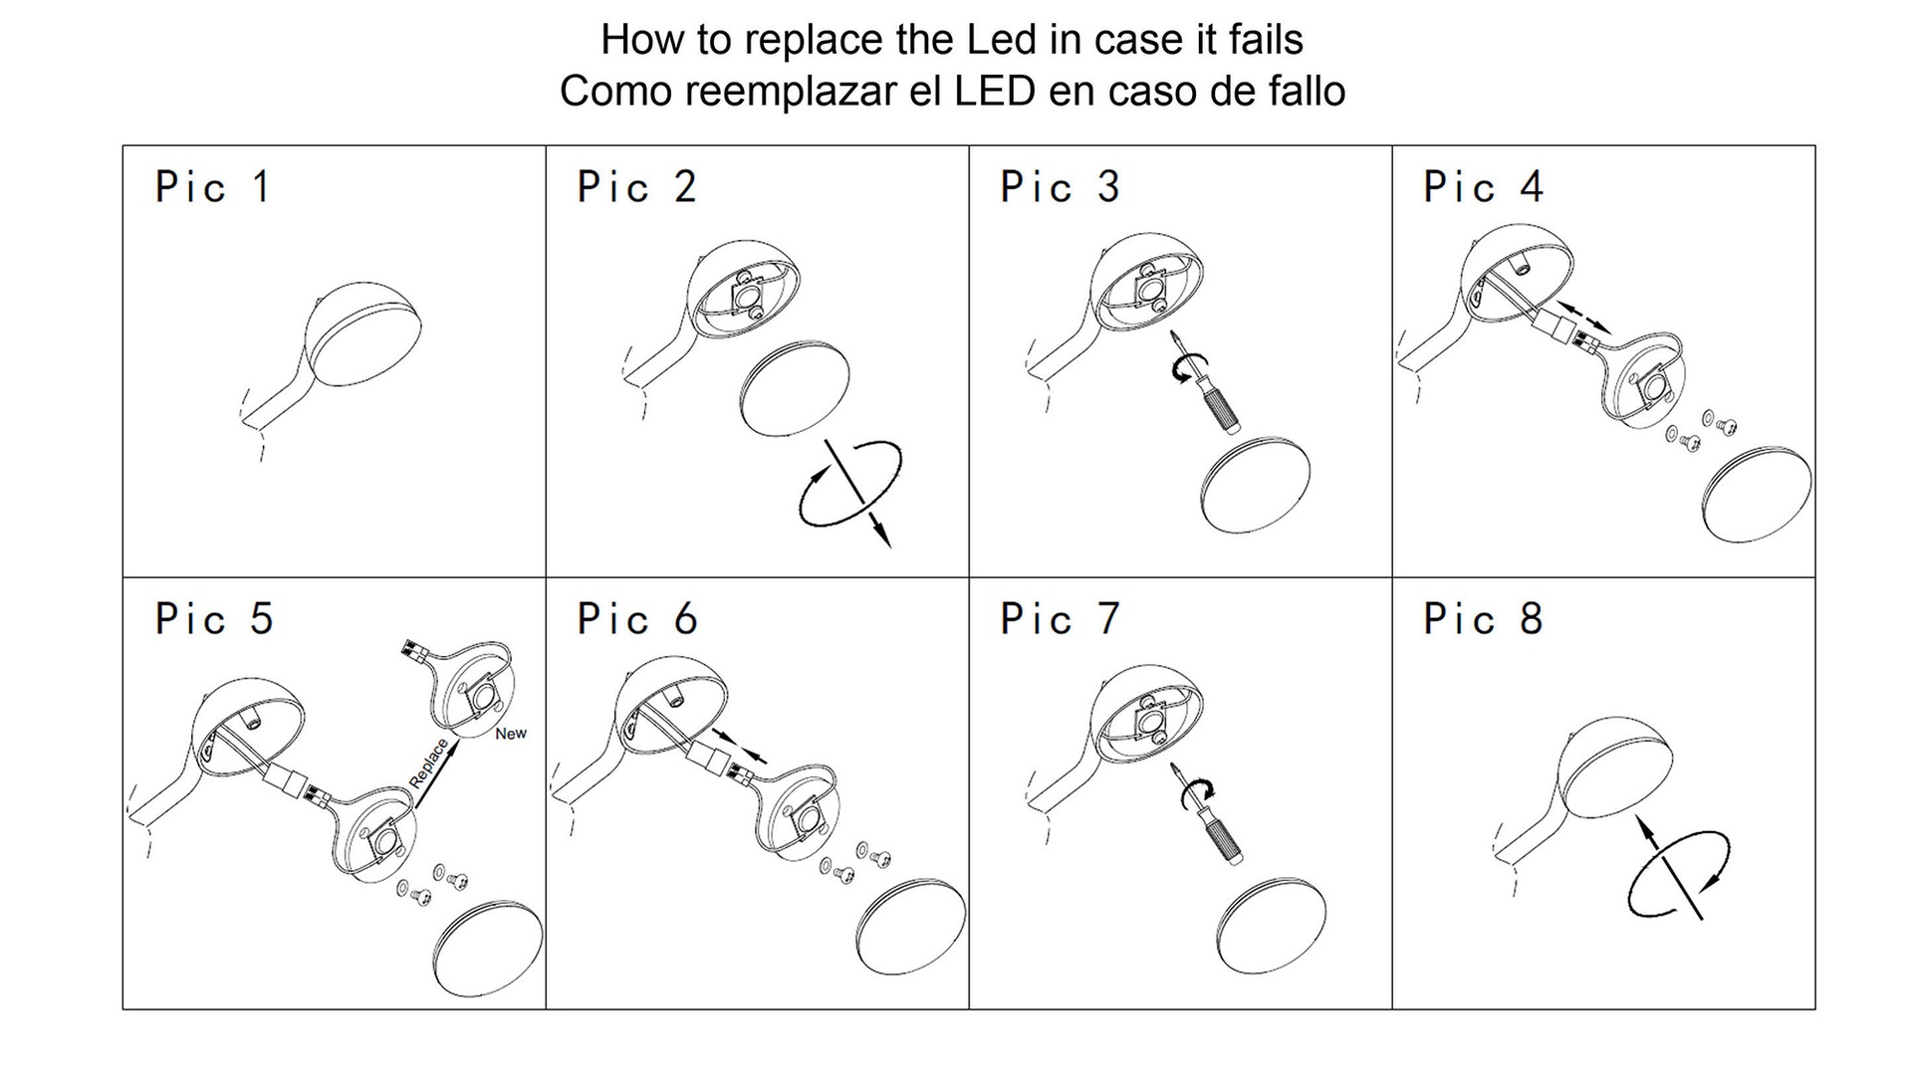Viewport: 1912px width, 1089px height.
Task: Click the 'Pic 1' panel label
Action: (213, 187)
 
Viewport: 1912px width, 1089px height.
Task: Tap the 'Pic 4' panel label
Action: (1483, 187)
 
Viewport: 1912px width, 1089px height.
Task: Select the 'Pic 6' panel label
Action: (637, 619)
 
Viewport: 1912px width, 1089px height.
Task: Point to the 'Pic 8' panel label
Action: (1483, 619)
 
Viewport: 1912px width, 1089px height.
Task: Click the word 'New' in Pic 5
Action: (511, 734)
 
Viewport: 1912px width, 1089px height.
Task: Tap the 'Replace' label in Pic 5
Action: (429, 763)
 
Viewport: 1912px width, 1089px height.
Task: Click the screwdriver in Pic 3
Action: (1206, 382)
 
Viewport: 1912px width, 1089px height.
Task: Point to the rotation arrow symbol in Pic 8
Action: (1679, 866)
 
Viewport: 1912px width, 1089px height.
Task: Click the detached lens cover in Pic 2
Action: (795, 390)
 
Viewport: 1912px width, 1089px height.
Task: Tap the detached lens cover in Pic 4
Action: (1757, 495)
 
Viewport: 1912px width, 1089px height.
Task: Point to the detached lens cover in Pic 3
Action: (1255, 485)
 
